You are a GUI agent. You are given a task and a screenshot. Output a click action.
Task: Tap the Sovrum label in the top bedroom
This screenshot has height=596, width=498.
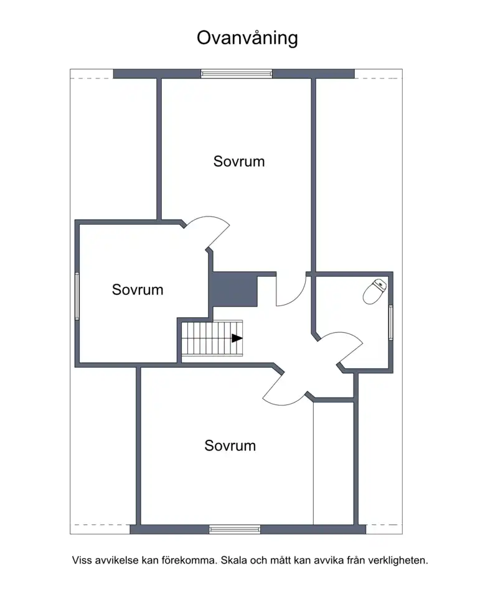pyautogui.click(x=239, y=162)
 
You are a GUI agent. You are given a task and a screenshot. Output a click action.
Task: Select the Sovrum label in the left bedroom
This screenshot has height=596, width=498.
pyautogui.click(x=138, y=290)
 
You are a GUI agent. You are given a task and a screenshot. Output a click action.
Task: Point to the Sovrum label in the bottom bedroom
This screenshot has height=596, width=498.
pyautogui.click(x=230, y=446)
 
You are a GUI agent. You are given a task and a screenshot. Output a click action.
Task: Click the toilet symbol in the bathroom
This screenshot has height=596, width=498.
pyautogui.click(x=375, y=292)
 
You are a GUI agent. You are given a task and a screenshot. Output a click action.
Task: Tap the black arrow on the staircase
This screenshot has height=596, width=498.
pyautogui.click(x=237, y=338)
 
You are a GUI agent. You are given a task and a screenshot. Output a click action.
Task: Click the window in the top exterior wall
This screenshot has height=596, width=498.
pyautogui.click(x=237, y=74)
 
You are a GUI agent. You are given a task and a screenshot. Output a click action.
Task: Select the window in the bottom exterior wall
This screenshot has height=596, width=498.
pyautogui.click(x=235, y=529)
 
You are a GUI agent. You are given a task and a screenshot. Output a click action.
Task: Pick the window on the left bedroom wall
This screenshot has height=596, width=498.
pyautogui.click(x=77, y=296)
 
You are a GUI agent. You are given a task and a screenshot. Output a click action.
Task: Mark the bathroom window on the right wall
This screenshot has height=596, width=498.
pyautogui.click(x=391, y=322)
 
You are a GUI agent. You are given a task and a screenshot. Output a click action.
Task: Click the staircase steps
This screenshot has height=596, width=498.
pyautogui.click(x=212, y=338)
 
